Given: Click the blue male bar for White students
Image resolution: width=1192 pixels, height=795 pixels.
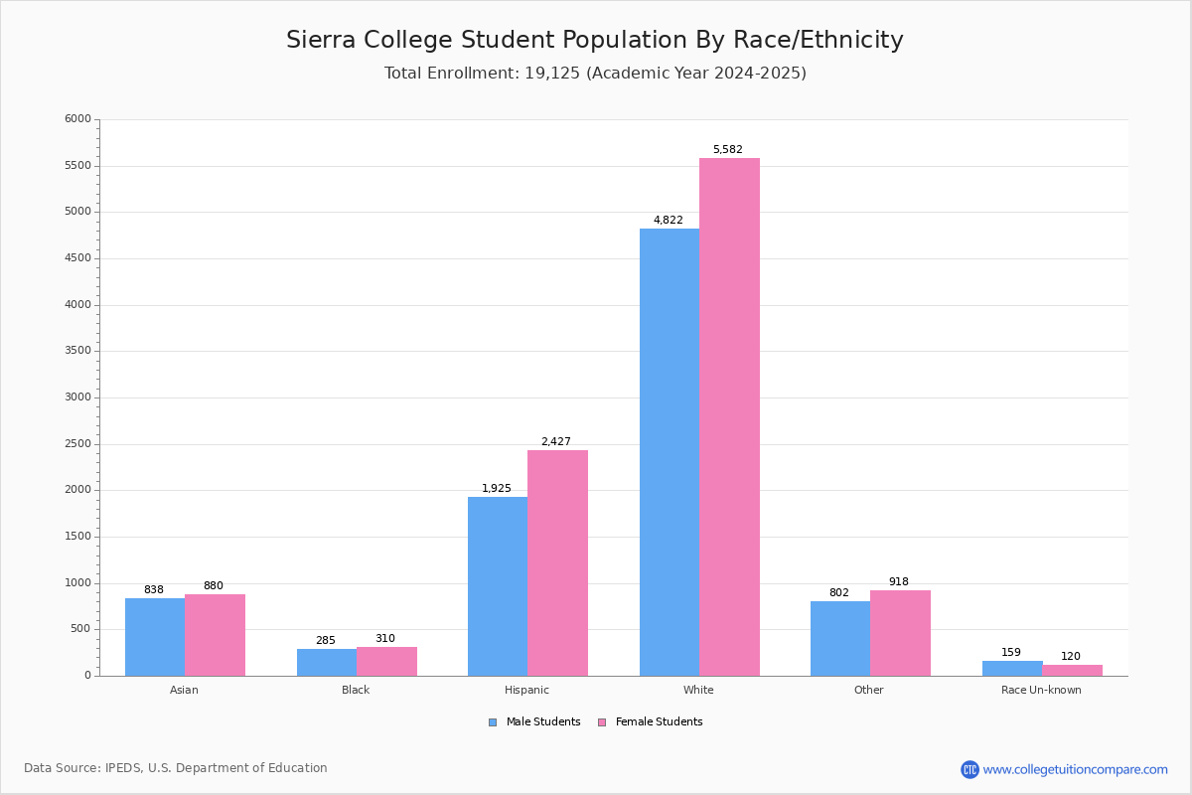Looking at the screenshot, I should point(669,452).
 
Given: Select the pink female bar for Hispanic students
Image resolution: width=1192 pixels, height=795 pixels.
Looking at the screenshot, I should point(557,562).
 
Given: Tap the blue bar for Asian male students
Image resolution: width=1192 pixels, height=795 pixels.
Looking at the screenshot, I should point(155,637).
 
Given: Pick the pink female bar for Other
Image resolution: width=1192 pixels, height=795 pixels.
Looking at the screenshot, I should point(900,633).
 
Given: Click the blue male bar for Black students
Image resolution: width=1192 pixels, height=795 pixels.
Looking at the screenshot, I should point(327,662).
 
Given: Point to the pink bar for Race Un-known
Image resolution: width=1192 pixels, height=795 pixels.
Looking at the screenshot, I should point(1072,670).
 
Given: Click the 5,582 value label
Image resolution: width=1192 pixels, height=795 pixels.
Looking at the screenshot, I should point(727,150).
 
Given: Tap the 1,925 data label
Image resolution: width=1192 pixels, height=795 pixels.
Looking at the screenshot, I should point(497,489).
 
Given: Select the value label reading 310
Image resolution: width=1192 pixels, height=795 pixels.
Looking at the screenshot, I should point(385,639).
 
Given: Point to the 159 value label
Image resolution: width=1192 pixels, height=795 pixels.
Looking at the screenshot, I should point(1011,653).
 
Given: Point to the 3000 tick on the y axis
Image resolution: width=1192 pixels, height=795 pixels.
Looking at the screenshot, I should point(77,397).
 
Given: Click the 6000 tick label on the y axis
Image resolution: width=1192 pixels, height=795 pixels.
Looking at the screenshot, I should point(77,119).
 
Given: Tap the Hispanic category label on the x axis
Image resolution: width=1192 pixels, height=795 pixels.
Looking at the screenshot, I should point(526,690).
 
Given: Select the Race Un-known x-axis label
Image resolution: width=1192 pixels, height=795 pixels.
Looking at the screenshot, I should point(1041,690).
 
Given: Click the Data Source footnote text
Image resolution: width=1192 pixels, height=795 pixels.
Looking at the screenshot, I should point(176,768).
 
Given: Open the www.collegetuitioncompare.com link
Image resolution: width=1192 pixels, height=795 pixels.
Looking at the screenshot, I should point(1075,769).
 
